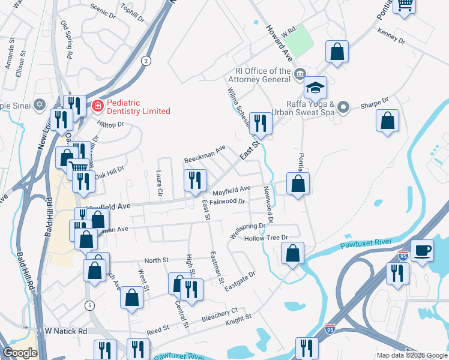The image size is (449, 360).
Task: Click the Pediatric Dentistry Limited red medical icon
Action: click(97, 106)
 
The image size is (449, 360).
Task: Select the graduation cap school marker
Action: click(315, 89)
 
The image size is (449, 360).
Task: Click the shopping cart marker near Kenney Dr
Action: click(405, 5)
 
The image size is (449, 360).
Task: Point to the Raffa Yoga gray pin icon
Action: click(343, 107)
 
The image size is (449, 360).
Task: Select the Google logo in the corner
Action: click(20, 353)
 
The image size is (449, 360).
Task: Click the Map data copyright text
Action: click(412, 355)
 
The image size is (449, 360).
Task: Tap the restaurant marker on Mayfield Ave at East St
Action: click(195, 181)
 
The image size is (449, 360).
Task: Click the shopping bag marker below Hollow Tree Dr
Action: click(292, 254)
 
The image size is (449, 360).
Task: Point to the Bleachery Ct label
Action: click(220, 316)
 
